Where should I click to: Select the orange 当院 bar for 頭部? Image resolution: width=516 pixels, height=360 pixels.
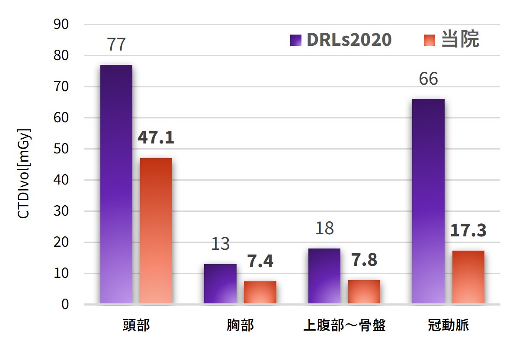point(156,231)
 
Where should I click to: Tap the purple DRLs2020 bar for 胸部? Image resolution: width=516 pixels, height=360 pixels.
point(220,284)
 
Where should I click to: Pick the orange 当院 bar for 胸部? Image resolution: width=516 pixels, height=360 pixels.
point(260,293)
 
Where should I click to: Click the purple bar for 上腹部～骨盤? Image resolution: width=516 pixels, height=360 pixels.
point(324,276)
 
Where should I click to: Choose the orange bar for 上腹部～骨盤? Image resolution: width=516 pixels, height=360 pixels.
point(364,292)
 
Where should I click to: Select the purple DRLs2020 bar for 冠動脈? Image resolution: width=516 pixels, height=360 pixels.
point(428,201)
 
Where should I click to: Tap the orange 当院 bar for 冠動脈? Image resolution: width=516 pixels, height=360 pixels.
point(468,277)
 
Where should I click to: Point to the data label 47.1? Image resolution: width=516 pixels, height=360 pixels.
point(156,137)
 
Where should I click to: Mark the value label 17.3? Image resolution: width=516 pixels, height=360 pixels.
point(468,230)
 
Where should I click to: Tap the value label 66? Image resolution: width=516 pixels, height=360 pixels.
point(428,79)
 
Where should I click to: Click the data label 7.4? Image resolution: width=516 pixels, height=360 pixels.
point(260,261)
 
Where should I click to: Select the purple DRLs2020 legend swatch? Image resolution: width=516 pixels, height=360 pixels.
point(295,40)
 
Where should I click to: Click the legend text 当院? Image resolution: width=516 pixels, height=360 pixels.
point(460,40)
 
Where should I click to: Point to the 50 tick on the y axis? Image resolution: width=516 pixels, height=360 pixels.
point(63,149)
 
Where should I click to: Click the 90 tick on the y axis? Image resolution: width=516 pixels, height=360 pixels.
point(63,25)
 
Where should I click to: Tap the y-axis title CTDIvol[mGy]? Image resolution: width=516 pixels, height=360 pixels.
point(24,173)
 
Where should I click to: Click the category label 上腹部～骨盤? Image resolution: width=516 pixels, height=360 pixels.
point(344,325)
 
